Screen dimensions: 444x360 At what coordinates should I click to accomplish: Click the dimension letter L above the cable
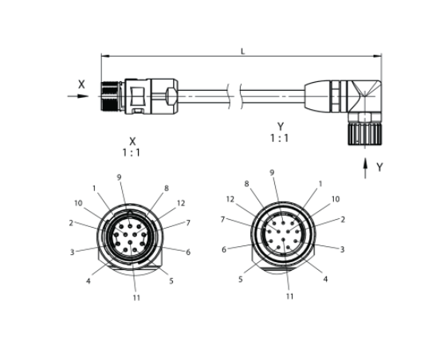coord(242,51)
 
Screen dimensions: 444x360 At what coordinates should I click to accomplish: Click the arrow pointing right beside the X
coord(78,96)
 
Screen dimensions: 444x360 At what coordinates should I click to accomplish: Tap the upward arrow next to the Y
coord(365,168)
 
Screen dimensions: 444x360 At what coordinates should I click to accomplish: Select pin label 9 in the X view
coord(120,177)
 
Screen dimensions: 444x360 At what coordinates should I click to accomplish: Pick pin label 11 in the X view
coord(136,298)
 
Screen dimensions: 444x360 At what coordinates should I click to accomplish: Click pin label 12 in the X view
coord(181,203)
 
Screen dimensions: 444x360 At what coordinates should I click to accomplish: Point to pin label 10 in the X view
coord(78,203)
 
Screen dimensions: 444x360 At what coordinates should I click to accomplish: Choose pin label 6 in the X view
coord(188,252)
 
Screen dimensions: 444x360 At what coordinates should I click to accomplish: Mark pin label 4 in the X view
coord(88,281)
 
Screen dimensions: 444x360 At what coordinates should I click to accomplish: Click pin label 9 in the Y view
coord(272,172)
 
